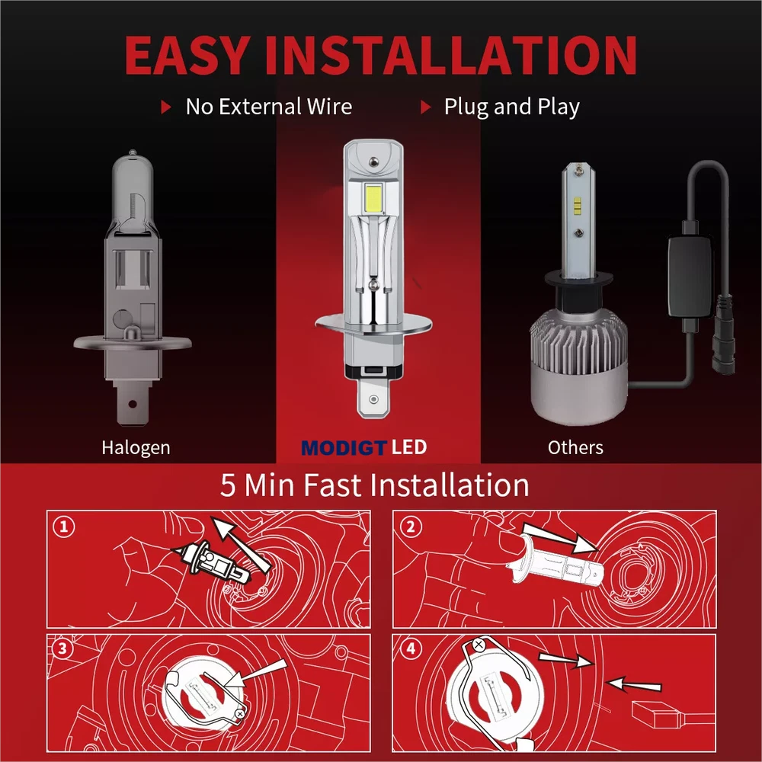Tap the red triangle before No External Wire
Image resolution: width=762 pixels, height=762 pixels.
[x=166, y=107]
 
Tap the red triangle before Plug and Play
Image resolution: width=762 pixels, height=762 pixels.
[x=426, y=107]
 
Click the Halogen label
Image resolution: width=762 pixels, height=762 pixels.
[x=136, y=447]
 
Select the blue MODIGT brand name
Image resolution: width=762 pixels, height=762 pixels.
[x=344, y=447]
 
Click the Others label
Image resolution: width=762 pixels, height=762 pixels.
[x=575, y=447]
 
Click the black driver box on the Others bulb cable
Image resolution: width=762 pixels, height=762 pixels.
[x=691, y=277]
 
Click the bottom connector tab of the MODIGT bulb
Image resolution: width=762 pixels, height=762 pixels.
[x=373, y=399]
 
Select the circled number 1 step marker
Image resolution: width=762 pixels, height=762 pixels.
[x=64, y=527]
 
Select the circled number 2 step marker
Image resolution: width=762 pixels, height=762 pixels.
[x=411, y=527]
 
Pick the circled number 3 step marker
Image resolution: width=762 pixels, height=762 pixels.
[x=62, y=648]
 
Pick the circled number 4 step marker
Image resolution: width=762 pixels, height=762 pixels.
[x=411, y=648]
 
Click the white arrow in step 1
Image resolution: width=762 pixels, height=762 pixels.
[x=242, y=544]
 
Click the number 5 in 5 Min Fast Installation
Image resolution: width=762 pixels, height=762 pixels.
[x=227, y=485]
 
